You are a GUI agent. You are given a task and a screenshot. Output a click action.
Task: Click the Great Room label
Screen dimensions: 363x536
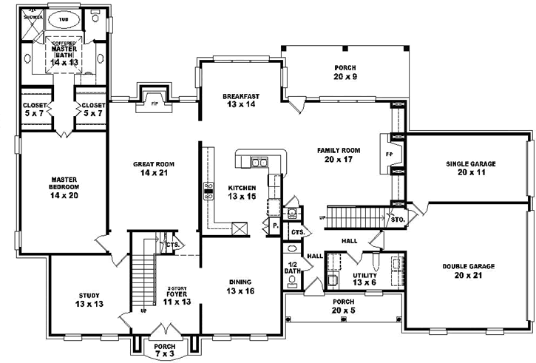tap(153, 165)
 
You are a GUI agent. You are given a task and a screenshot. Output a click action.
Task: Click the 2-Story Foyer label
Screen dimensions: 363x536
tap(176, 292)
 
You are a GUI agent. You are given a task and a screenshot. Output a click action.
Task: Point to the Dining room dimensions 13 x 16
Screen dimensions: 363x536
tap(240, 291)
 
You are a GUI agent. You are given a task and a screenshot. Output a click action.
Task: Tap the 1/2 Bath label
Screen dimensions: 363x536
tap(293, 269)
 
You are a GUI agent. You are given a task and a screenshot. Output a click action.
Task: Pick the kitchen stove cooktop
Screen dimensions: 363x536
tap(208, 191)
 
